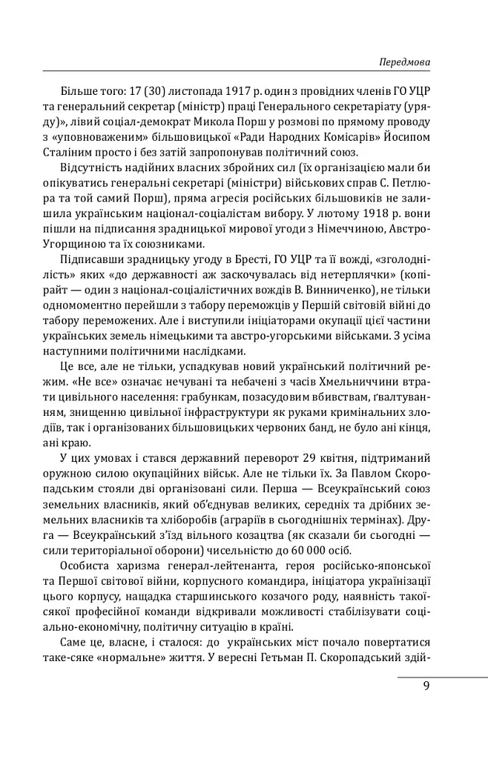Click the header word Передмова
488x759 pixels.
tap(404, 62)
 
